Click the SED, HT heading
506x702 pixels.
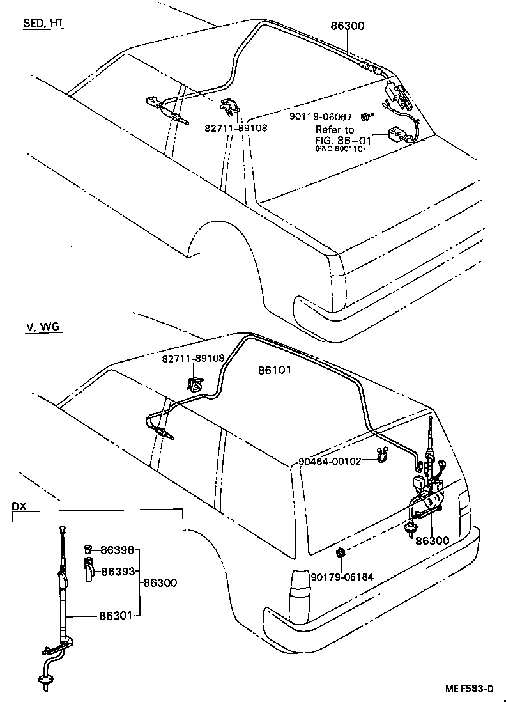tap(43, 24)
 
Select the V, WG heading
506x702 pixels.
tap(43, 327)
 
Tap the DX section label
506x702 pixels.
tap(20, 506)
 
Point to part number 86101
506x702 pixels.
tap(275, 370)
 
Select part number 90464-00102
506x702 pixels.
tap(330, 461)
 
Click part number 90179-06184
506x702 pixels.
tap(342, 577)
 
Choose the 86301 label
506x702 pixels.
tap(116, 616)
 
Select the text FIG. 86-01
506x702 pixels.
tap(342, 139)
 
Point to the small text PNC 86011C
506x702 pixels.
tap(339, 148)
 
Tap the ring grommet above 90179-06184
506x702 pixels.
tap(341, 553)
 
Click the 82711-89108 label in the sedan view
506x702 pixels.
tap(236, 128)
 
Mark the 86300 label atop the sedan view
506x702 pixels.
tap(348, 26)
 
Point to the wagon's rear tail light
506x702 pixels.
tap(298, 588)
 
